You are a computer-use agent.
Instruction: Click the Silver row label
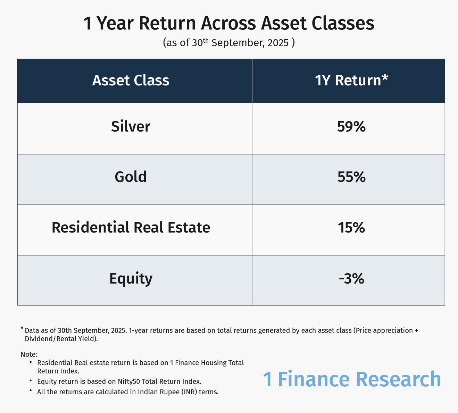(131, 126)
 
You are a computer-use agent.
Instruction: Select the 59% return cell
(351, 126)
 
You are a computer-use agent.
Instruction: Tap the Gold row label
(131, 177)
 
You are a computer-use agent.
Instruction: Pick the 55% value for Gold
(351, 177)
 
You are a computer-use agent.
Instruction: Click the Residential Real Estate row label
(131, 227)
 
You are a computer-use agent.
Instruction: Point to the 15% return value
(351, 228)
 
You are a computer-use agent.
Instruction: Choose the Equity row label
(131, 279)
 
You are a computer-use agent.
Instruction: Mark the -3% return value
(351, 279)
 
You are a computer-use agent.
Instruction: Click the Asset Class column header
(131, 81)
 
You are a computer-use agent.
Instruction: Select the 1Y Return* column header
(351, 80)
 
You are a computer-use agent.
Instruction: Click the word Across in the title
(228, 23)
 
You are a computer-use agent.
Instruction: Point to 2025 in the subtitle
(278, 43)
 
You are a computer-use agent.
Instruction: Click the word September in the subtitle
(238, 43)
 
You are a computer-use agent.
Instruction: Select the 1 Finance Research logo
(352, 379)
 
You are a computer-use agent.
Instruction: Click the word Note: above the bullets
(29, 354)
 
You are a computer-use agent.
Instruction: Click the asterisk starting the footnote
(22, 328)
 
